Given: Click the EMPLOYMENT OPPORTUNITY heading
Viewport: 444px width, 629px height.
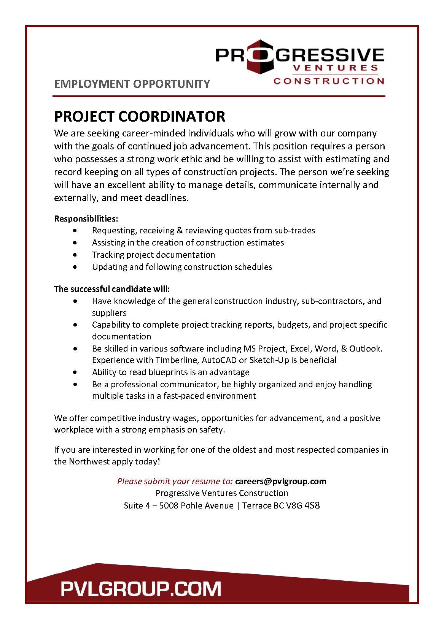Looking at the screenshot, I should click(132, 84).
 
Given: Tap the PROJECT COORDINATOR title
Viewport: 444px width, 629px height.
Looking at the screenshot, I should click(140, 116).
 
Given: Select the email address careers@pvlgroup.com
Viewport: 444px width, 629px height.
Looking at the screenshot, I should click(280, 481).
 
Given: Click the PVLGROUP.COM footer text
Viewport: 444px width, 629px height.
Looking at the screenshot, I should click(141, 589).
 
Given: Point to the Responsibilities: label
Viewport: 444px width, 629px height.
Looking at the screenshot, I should click(86, 219).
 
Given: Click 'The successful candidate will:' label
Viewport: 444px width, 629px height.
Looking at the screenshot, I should click(112, 289).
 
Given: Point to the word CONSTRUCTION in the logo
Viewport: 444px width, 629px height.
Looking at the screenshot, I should click(329, 81).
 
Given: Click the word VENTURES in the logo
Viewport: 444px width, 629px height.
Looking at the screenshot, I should click(335, 68).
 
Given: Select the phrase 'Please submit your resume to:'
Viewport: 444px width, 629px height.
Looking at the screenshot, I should click(175, 481).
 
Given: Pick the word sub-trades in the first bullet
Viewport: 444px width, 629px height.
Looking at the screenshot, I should click(297, 230).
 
